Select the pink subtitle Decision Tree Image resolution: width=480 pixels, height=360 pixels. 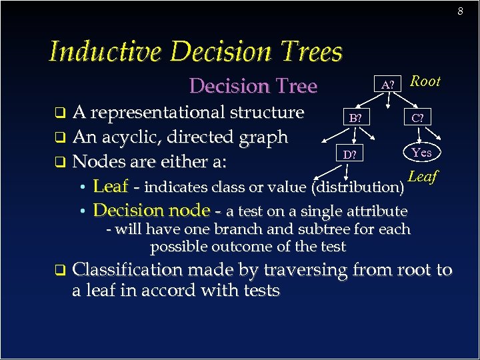[x=253, y=86]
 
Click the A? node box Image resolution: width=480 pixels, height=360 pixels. [x=388, y=85]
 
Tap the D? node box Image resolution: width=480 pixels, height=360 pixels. [x=349, y=155]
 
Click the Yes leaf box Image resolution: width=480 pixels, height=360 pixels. [x=421, y=153]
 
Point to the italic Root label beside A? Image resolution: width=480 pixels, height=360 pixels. [x=425, y=81]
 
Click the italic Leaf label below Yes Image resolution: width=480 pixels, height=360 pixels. [x=422, y=177]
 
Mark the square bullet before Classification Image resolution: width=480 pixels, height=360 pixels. [x=59, y=271]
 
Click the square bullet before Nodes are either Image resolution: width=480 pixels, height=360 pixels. [x=59, y=161]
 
